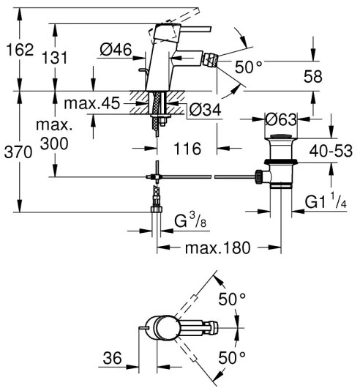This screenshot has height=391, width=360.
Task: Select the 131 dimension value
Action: point(73,50)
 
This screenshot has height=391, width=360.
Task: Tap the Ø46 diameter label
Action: point(115,50)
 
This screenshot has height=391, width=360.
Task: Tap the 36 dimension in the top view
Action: point(111,358)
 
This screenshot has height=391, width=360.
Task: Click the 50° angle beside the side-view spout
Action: point(250,66)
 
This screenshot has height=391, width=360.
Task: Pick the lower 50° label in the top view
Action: point(233,360)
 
